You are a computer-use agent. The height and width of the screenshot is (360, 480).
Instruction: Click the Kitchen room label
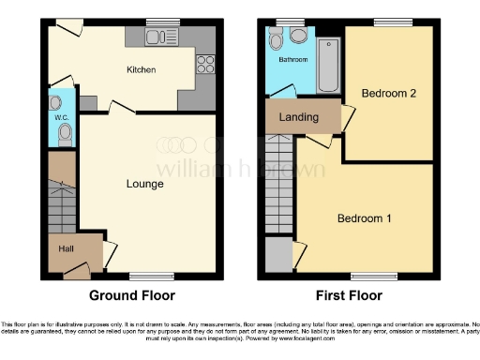pos(141,69)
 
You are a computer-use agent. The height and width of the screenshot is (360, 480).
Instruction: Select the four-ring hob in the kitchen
pos(203,66)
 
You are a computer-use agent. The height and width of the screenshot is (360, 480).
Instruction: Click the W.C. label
pos(58,117)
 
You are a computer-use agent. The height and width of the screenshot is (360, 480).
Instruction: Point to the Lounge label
pos(144,184)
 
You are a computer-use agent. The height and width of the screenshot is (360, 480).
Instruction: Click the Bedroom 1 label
pos(365,218)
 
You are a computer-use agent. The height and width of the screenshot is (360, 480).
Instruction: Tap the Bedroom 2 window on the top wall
pos(386,21)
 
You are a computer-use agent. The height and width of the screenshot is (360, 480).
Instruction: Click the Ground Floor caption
pos(131,295)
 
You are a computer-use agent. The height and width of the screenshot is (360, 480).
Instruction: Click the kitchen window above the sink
pos(161,21)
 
